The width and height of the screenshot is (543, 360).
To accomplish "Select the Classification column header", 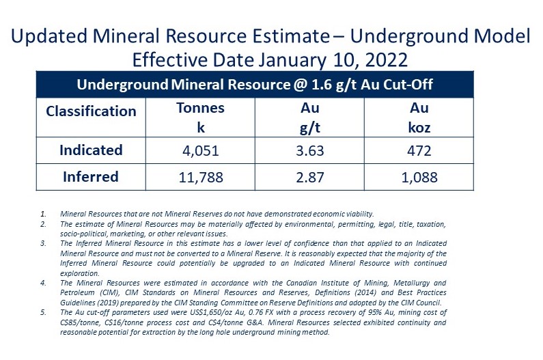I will tap(91, 111).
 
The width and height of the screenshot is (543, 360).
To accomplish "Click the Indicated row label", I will tap(91, 150).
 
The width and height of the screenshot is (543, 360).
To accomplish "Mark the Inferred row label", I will tap(91, 177).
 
